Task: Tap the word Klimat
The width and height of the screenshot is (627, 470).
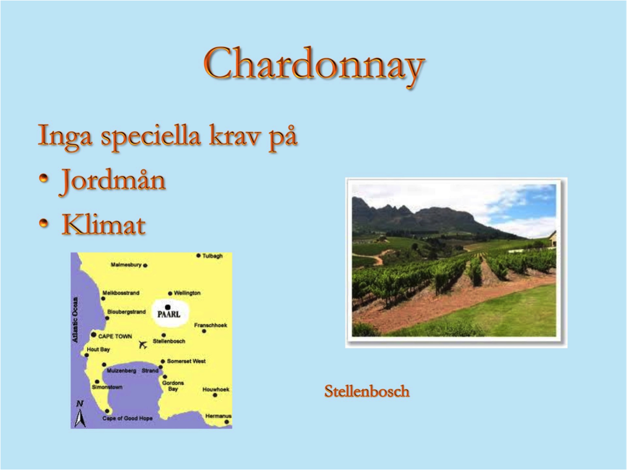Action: (103, 224)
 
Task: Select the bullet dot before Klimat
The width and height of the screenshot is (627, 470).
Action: (43, 223)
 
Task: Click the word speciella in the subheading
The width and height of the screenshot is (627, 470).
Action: (151, 137)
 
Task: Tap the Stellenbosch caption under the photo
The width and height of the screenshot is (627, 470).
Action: (367, 391)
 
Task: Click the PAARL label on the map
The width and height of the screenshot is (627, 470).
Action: (169, 314)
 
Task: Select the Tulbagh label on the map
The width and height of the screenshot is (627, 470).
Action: (212, 256)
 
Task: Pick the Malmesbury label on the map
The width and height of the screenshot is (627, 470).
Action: (126, 265)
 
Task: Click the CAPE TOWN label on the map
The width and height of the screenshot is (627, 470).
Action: (115, 337)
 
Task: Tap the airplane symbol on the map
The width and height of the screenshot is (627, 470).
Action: (143, 345)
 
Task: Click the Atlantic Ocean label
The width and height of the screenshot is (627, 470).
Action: (75, 320)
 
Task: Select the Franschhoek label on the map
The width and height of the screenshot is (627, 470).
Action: (211, 325)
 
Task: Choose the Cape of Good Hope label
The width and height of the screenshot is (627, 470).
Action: (128, 419)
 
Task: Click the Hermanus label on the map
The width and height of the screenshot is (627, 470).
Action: (219, 416)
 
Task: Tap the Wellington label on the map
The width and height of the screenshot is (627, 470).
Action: (187, 293)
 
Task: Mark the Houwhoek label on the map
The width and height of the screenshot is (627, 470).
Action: (216, 389)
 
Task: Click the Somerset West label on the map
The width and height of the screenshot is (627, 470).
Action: (186, 361)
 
